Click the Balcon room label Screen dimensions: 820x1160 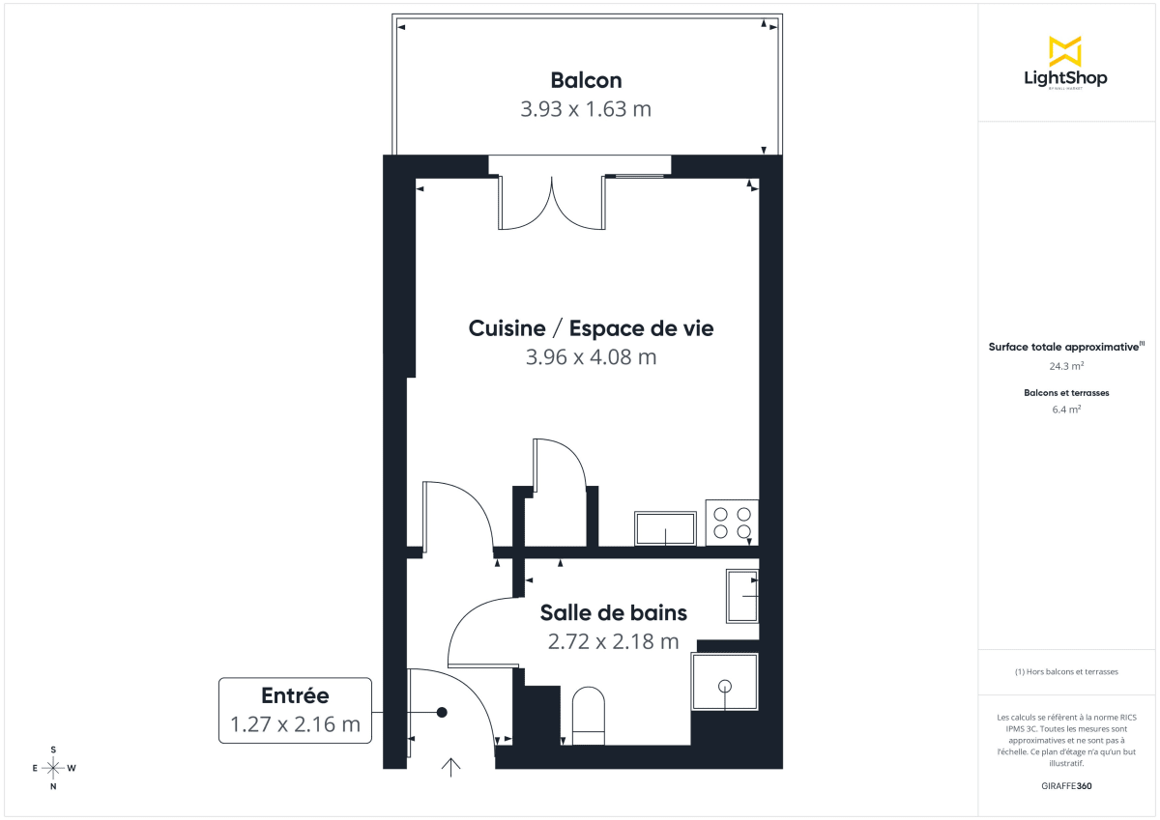(x=586, y=80)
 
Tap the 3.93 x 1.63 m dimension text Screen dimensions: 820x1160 (x=586, y=109)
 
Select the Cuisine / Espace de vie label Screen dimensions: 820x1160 (x=591, y=328)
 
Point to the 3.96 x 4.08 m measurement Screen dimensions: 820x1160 (x=591, y=357)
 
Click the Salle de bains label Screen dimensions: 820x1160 (x=613, y=612)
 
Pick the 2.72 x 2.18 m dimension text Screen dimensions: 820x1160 (x=613, y=641)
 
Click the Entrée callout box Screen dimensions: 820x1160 (x=295, y=710)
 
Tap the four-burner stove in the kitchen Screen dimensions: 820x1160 (x=732, y=523)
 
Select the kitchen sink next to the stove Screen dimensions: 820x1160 (x=665, y=528)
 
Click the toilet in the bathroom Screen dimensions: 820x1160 (x=589, y=716)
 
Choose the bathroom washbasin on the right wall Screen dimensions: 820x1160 (x=742, y=596)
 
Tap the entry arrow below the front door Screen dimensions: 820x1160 (x=450, y=767)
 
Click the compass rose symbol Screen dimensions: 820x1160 (x=53, y=768)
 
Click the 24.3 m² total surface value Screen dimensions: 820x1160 (x=1065, y=367)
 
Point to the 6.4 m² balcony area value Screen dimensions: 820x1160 (x=1065, y=410)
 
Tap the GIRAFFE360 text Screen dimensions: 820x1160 (x=1065, y=786)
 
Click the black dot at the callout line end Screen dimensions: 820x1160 (x=442, y=713)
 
